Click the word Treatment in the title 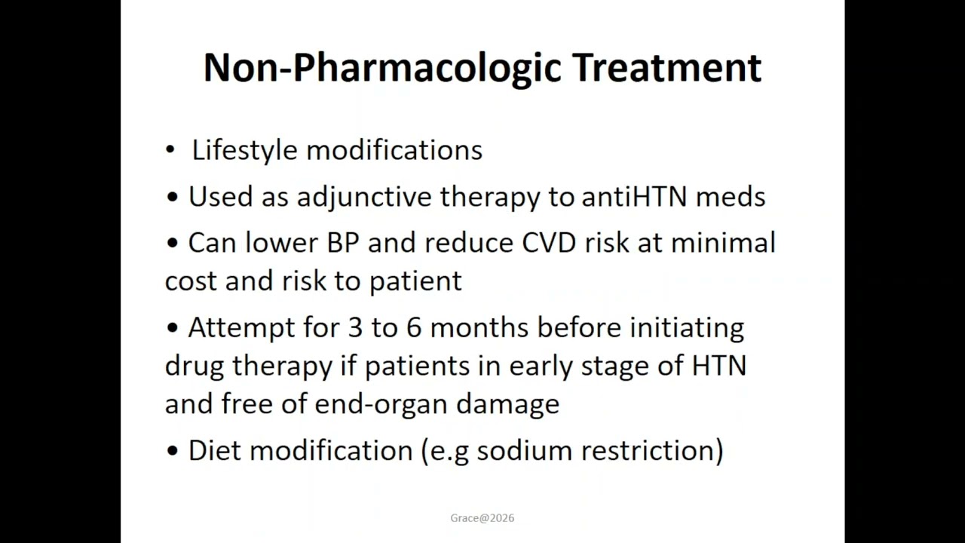[x=667, y=67]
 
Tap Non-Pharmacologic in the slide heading [x=384, y=67]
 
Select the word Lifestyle [x=245, y=150]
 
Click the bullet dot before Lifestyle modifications [x=170, y=150]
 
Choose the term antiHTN [x=634, y=197]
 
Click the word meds [x=730, y=197]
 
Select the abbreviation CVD [x=547, y=243]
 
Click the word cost [x=191, y=281]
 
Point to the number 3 [x=355, y=328]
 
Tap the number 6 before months [x=413, y=328]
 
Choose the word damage [x=507, y=404]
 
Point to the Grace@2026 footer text [x=482, y=518]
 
